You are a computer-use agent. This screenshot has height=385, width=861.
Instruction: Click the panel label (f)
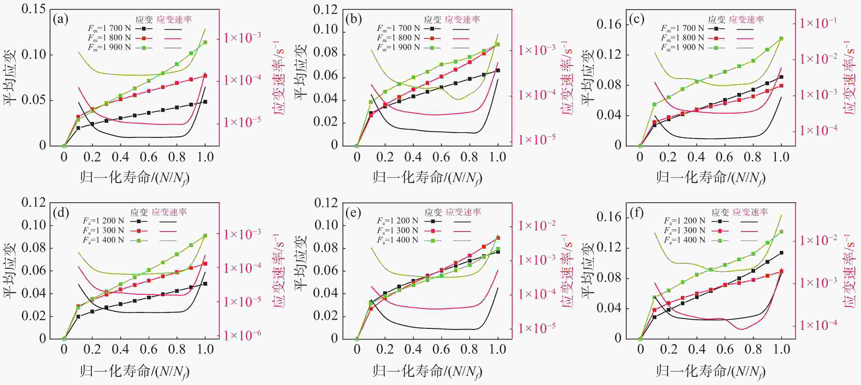pyautogui.click(x=636, y=213)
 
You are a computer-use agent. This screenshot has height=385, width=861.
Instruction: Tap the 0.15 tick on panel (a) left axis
pyautogui.click(x=33, y=9)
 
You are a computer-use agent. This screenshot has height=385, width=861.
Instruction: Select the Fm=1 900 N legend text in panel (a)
pyautogui.click(x=109, y=47)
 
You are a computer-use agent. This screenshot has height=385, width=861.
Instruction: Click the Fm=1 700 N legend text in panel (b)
pyautogui.click(x=398, y=28)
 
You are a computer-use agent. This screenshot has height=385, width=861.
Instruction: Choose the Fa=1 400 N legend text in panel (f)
pyautogui.click(x=684, y=240)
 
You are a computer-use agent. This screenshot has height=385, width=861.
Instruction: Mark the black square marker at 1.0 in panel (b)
pyautogui.click(x=498, y=70)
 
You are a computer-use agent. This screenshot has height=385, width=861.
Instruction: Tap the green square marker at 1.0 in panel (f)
pyautogui.click(x=781, y=232)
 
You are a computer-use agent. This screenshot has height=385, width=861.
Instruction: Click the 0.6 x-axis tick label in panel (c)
pyautogui.click(x=725, y=157)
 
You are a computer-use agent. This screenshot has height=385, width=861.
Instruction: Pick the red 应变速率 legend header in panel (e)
pyautogui.click(x=463, y=212)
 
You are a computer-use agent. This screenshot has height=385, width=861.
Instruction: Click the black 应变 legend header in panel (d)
pyautogui.click(x=139, y=212)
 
